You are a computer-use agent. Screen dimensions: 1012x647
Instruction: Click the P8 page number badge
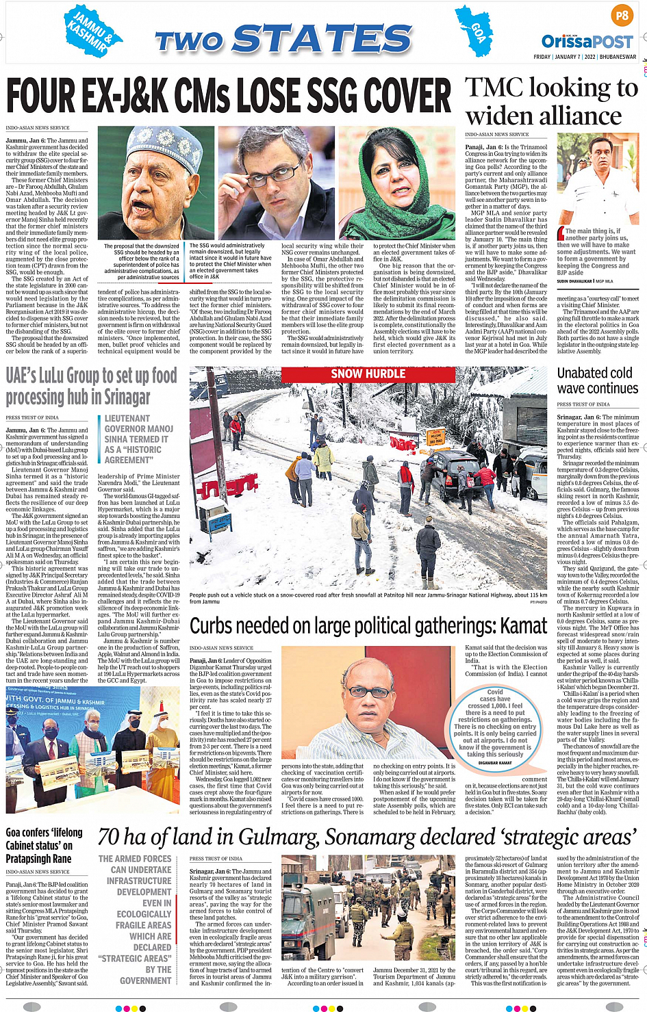(x=622, y=15)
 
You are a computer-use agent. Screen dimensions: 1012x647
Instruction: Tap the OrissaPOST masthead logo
(x=587, y=42)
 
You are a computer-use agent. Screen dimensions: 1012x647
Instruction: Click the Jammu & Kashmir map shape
(x=92, y=31)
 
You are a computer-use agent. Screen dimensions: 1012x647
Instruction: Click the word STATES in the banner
(x=322, y=40)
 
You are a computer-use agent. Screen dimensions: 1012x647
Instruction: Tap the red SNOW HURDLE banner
(x=368, y=374)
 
